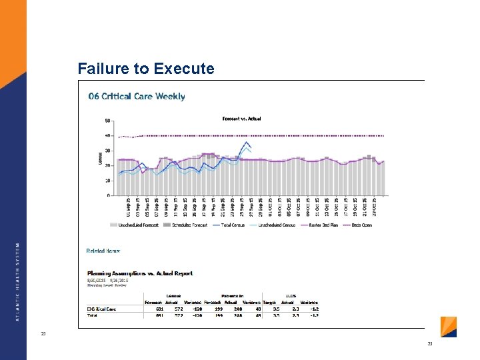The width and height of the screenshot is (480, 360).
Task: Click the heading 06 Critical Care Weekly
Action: [x=137, y=97]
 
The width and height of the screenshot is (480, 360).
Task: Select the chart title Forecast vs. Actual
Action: [x=241, y=119]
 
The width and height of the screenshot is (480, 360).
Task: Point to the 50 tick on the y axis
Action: [x=107, y=121]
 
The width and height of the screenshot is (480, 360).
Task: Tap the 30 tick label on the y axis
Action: [x=107, y=151]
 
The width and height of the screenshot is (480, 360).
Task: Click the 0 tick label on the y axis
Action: [x=109, y=195]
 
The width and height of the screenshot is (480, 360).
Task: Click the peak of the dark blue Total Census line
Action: [x=247, y=142]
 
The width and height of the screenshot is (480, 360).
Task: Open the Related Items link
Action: [x=103, y=251]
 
